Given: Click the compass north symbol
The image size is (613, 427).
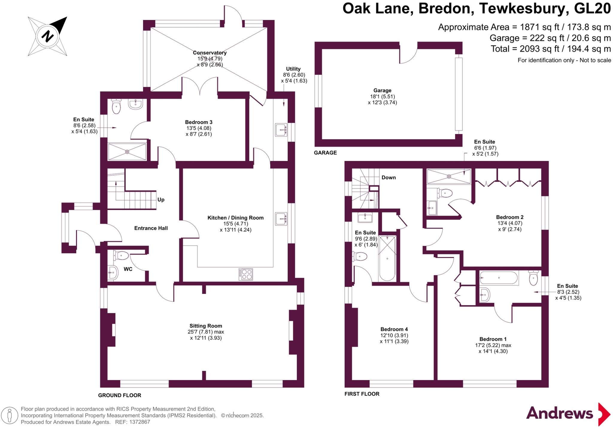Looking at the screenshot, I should [47, 36].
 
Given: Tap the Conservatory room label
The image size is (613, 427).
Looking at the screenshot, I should [210, 53].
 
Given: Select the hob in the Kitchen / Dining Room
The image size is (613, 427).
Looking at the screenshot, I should [246, 274].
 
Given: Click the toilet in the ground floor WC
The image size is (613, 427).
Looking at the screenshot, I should [121, 256].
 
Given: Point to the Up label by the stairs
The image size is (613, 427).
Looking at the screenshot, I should [161, 200].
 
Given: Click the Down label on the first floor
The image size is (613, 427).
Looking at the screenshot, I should [389, 177].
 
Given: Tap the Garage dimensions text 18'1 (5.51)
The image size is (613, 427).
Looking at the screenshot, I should [382, 97].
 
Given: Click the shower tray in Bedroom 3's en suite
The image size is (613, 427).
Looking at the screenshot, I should [127, 152].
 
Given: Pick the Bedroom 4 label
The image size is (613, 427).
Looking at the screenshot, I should [394, 329].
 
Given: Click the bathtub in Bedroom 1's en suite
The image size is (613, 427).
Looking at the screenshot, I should [498, 278].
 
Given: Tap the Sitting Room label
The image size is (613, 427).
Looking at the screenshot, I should [206, 326].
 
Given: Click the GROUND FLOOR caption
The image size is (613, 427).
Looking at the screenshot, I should [119, 395].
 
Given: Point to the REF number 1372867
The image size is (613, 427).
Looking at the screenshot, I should [139, 422].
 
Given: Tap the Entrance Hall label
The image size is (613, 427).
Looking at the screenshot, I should [151, 228].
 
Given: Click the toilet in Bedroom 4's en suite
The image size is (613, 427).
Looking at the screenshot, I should [360, 256].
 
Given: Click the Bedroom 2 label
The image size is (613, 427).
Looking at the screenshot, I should [509, 217].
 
